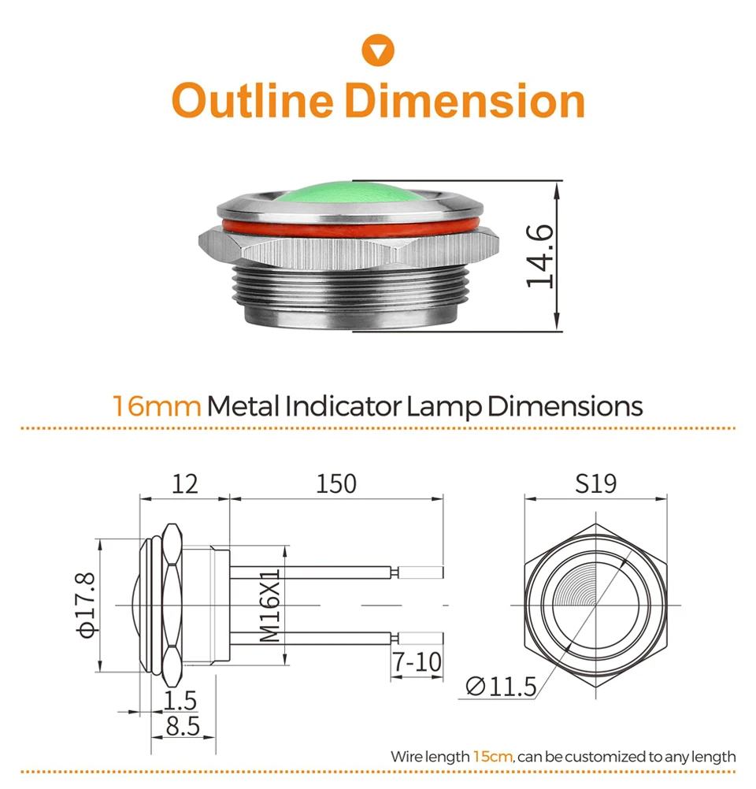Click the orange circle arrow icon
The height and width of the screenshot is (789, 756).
click(x=378, y=50)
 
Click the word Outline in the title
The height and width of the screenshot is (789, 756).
click(x=252, y=101)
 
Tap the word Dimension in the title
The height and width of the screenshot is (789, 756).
click(x=465, y=101)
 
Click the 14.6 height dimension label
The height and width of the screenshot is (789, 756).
click(x=539, y=256)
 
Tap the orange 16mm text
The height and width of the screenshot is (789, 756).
click(x=157, y=406)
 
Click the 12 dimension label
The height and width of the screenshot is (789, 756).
click(x=185, y=484)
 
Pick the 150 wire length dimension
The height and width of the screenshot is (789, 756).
click(x=336, y=484)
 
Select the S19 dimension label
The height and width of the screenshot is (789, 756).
click(x=596, y=484)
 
